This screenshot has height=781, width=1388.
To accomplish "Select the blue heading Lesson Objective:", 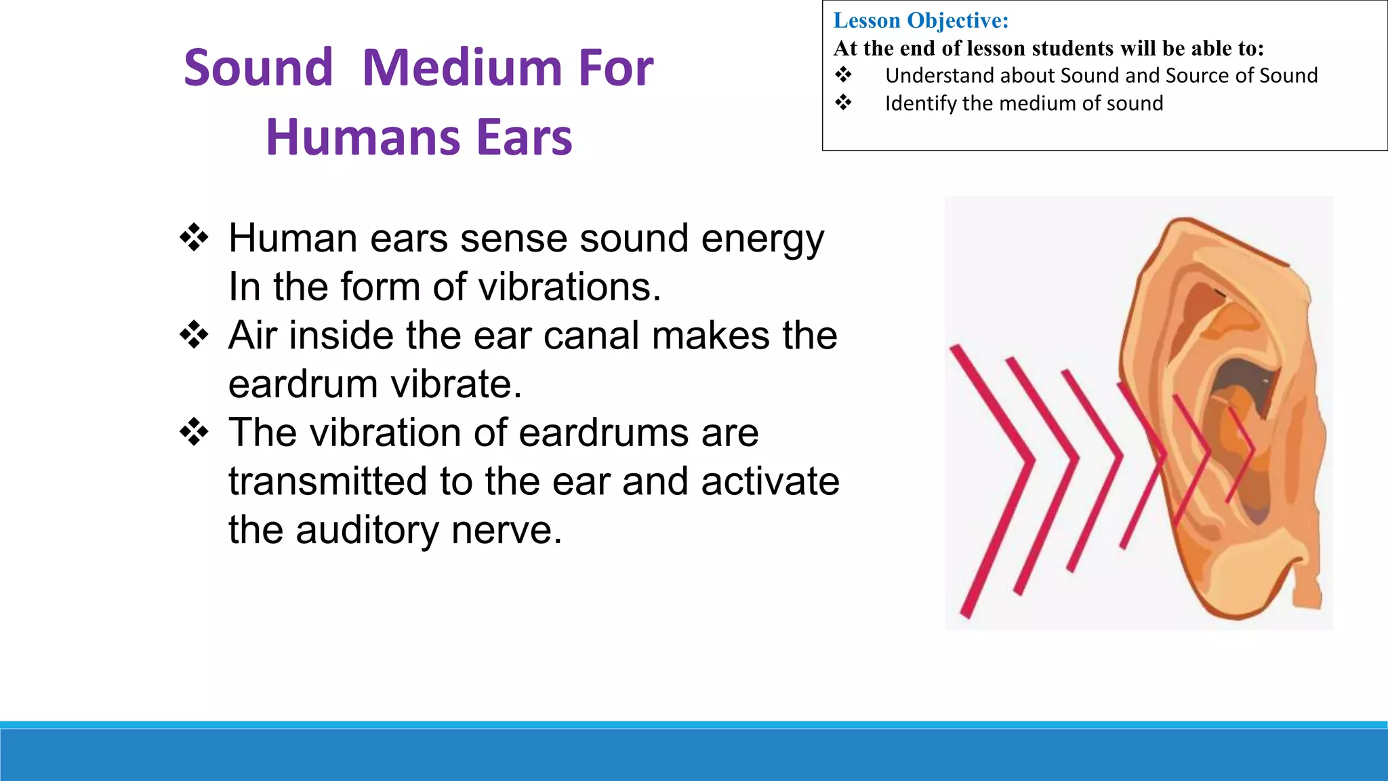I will [x=920, y=20].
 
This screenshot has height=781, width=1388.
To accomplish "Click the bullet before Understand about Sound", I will [x=843, y=75].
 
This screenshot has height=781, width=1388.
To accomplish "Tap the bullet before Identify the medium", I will [x=843, y=103].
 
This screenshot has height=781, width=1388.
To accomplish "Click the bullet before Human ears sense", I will [x=194, y=239].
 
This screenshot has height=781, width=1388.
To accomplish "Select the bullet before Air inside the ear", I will [x=194, y=336].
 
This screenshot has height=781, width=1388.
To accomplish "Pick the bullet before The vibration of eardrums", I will [x=194, y=433].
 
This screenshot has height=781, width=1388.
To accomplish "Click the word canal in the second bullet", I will [x=591, y=336].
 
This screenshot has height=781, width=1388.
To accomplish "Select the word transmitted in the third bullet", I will [x=327, y=481].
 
